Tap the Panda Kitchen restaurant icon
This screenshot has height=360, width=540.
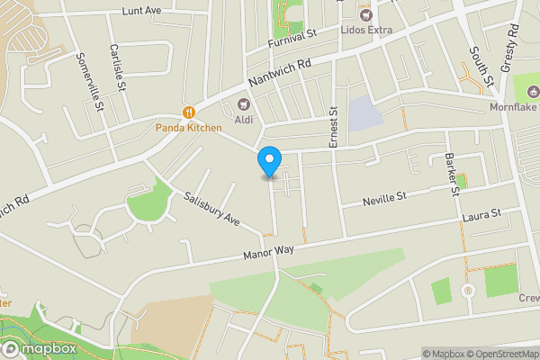[189, 112]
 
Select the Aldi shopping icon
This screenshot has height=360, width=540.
[244, 103]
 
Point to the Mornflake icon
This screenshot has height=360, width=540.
[532, 91]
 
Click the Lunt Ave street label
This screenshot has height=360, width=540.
[141, 12]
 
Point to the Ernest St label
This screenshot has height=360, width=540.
[333, 126]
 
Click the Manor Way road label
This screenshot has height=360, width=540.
[268, 251]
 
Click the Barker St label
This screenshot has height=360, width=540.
[452, 172]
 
